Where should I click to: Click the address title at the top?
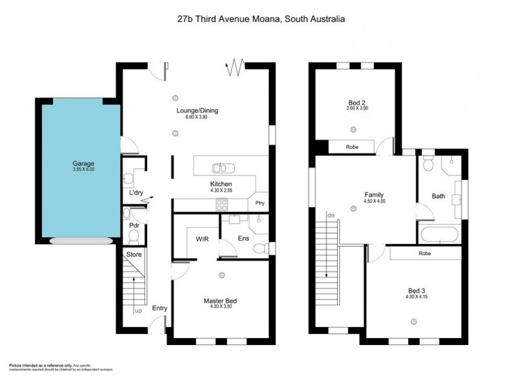coord(261,19)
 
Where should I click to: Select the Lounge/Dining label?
coord(197,110)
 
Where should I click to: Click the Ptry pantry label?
coord(260,204)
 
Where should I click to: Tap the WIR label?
coord(202,237)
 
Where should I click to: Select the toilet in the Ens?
coord(260,248)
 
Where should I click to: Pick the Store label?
coord(134,254)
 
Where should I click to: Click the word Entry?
coord(159,308)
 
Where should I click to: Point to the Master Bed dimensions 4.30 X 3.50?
coord(221,307)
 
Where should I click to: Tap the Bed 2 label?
coord(357,103)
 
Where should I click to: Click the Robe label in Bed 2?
coord(352,147)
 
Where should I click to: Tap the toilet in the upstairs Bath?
coord(428,166)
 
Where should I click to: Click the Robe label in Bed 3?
coord(424,253)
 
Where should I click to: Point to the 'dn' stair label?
coord(331,215)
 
